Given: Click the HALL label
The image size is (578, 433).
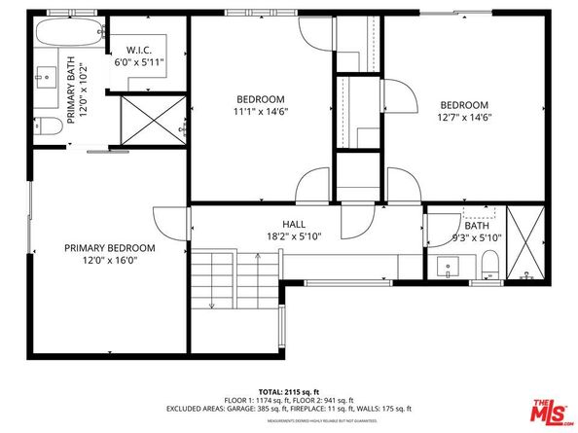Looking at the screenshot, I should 295,224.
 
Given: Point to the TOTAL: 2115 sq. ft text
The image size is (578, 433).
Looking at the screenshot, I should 289,388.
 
